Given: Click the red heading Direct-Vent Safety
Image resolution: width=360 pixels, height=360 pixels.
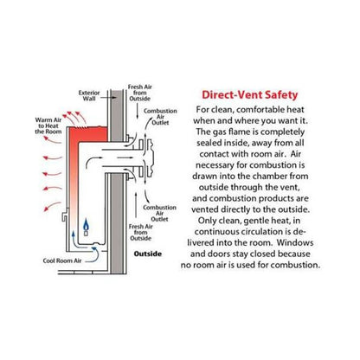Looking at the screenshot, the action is click(249, 95).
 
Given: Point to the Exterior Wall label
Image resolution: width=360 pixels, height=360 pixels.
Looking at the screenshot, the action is click(89, 96).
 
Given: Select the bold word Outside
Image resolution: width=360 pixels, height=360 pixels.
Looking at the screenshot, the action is click(148, 254).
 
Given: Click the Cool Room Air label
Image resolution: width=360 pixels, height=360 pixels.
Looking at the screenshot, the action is click(62, 260).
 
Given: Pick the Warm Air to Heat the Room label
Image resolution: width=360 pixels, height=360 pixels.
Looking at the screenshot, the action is click(48, 125).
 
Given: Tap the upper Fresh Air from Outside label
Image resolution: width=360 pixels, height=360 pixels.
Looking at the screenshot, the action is click(140, 93).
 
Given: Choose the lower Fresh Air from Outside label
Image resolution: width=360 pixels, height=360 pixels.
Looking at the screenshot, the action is click(141, 233).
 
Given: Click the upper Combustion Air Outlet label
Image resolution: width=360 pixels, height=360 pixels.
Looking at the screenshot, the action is click(160, 117).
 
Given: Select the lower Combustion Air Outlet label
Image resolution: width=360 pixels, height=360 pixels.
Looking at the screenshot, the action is click(159, 213).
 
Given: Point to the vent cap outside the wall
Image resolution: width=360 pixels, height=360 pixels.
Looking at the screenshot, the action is click(150, 157).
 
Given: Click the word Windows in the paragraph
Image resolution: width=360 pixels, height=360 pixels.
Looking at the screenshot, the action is click(295, 242).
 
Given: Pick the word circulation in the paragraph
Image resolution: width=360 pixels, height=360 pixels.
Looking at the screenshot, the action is click(255, 231).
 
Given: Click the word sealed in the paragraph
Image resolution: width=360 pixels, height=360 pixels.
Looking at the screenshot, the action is click(210, 143).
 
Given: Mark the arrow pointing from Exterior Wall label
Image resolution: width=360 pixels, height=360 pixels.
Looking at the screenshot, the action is click(109, 98).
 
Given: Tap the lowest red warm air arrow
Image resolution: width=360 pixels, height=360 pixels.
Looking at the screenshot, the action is click(52, 206).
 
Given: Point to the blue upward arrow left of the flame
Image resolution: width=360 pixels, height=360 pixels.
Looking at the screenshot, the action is click(74, 237).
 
